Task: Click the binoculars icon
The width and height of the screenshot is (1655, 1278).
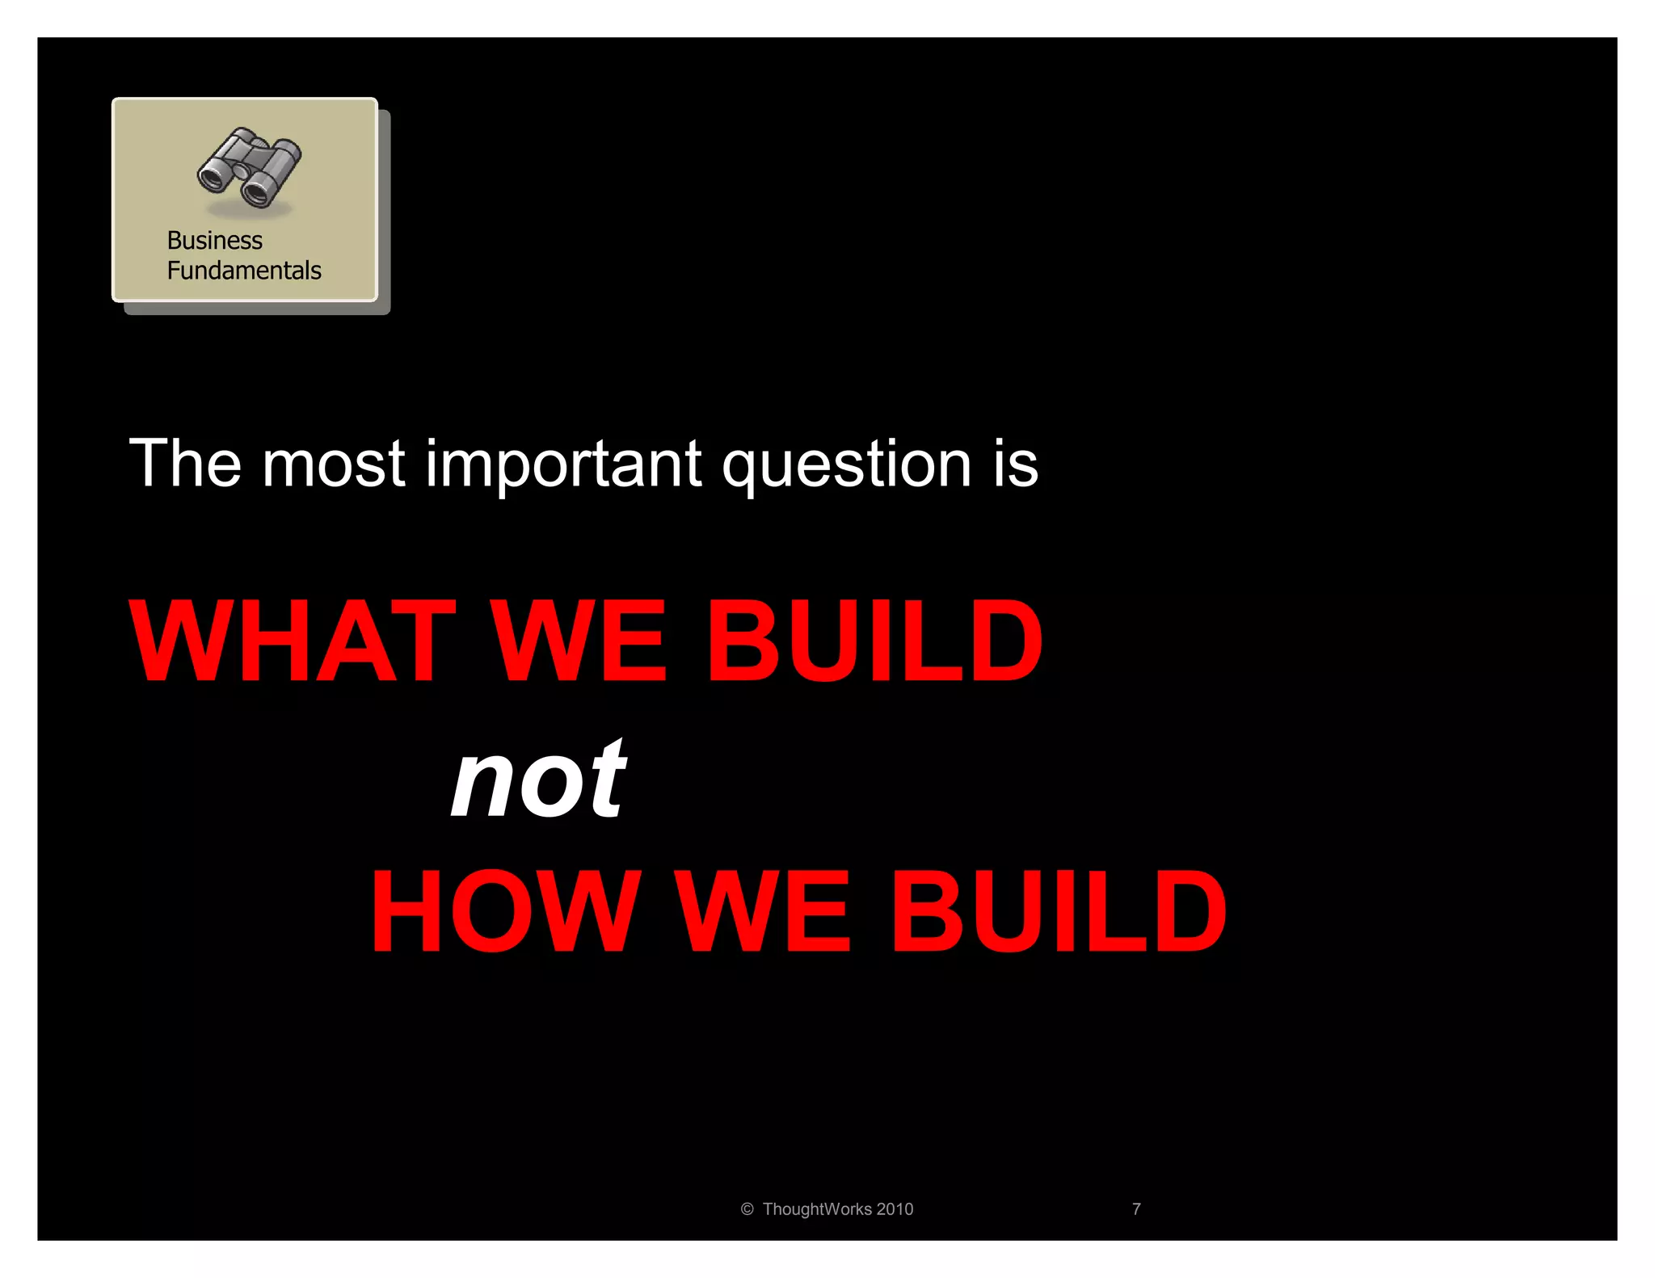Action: click(x=249, y=167)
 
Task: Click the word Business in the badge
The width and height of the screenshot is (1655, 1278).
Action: click(x=214, y=241)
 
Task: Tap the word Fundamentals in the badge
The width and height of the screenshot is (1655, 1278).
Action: click(x=244, y=271)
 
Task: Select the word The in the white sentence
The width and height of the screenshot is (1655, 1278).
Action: click(x=185, y=464)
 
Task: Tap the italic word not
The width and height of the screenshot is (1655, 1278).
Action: click(x=538, y=780)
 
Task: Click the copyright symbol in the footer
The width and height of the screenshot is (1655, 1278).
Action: click(x=747, y=1209)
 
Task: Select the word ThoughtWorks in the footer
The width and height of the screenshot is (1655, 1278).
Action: click(x=816, y=1209)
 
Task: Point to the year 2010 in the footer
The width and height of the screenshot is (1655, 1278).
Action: click(x=895, y=1209)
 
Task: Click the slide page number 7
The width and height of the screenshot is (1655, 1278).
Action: click(x=1136, y=1209)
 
